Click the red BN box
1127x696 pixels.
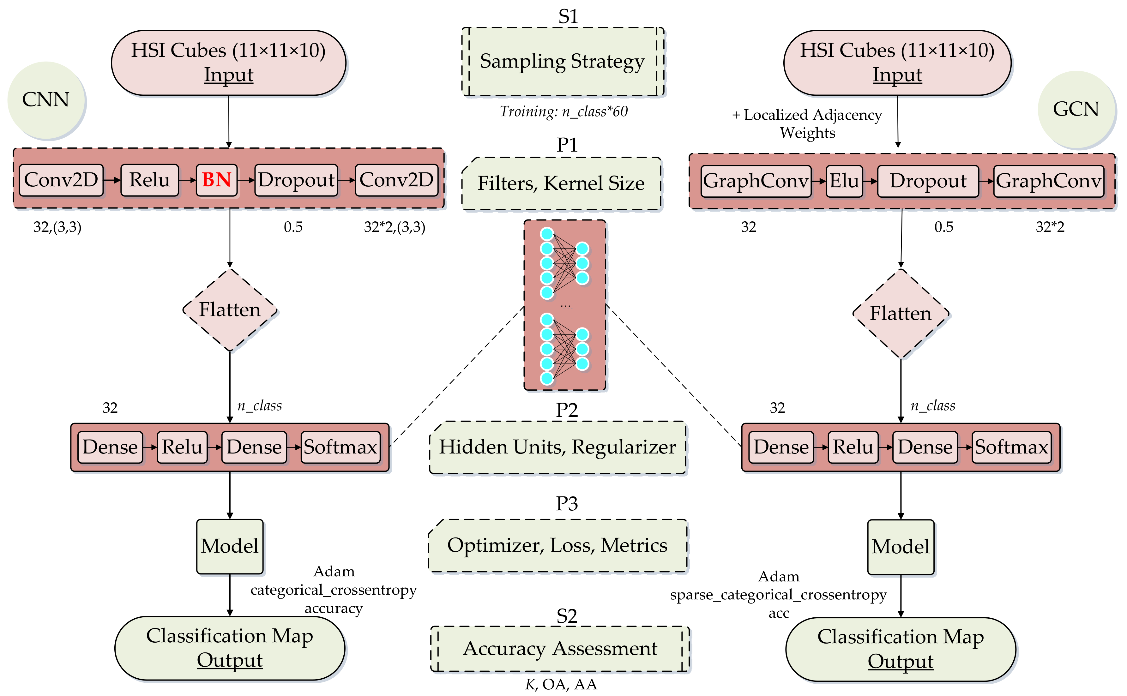217,180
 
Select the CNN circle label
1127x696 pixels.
46,100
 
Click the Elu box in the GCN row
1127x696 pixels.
844,181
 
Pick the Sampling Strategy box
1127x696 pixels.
563,62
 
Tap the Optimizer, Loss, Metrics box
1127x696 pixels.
557,545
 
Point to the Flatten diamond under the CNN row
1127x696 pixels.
230,310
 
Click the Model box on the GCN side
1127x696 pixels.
901,547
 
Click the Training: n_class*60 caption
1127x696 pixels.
563,112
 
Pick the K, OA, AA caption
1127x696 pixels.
561,685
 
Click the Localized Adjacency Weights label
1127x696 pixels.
807,123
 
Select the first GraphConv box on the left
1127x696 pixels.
756,181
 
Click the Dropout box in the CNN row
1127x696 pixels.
296,180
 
